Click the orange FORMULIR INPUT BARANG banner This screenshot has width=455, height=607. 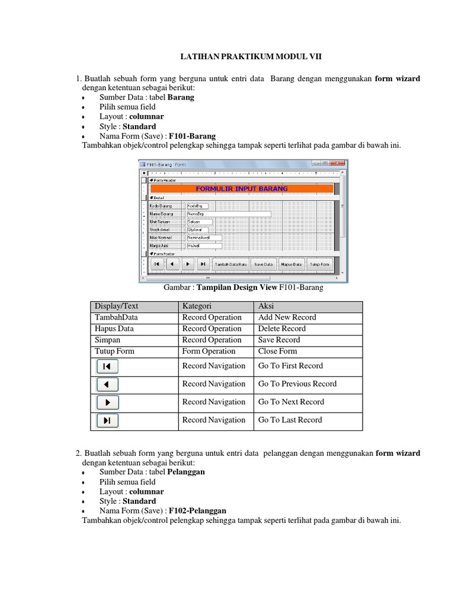[241, 189]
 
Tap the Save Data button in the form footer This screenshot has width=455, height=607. [264, 264]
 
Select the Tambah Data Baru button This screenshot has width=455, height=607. [231, 264]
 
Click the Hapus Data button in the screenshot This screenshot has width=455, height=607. [291, 264]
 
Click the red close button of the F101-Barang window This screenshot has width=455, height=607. [340, 163]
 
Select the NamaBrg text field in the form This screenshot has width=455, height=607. [228, 214]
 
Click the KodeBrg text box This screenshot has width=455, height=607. [197, 206]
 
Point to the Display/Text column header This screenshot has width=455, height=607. [116, 306]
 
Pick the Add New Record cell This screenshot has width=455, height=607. [287, 317]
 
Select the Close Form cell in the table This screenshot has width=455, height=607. [278, 351]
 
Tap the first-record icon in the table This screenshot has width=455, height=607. [107, 366]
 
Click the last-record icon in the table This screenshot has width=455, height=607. [107, 420]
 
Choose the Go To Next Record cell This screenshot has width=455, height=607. [291, 402]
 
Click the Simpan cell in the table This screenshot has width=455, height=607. [107, 340]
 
